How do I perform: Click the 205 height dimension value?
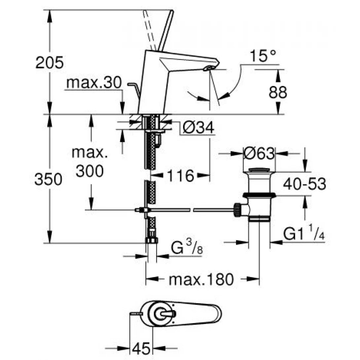pyautogui.click(x=49, y=62)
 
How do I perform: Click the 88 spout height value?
pyautogui.click(x=277, y=92)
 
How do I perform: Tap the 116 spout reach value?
pyautogui.click(x=180, y=176)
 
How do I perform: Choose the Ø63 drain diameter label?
pyautogui.click(x=259, y=153)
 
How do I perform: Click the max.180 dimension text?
pyautogui.click(x=201, y=279)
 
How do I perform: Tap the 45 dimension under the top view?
pyautogui.click(x=141, y=348)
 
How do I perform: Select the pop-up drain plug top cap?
pyautogui.click(x=259, y=170)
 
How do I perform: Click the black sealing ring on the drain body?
pyautogui.click(x=259, y=195)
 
